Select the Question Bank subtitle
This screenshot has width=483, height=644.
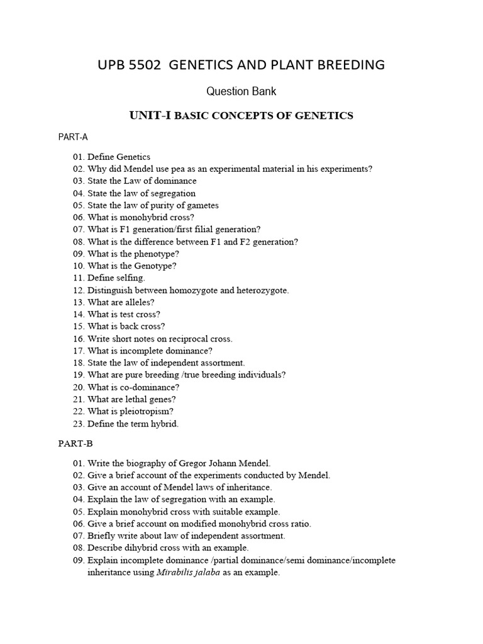(241, 91)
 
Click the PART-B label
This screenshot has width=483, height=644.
(75, 443)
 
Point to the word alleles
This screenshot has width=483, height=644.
(138, 302)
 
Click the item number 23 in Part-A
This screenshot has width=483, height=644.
(78, 423)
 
